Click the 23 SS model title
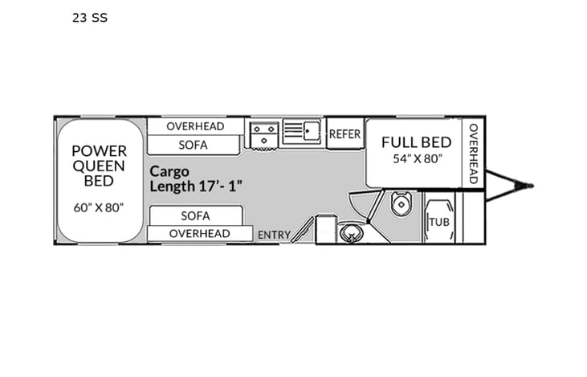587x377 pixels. pyautogui.click(x=89, y=17)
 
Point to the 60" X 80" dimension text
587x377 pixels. pyautogui.click(x=99, y=207)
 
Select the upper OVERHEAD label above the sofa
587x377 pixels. pyautogui.click(x=195, y=126)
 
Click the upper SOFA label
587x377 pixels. pyautogui.click(x=194, y=145)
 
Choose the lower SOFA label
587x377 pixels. pyautogui.click(x=194, y=215)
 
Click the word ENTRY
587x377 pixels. pyautogui.click(x=274, y=235)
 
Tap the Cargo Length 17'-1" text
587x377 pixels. pyautogui.click(x=196, y=178)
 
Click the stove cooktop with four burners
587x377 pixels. pyautogui.click(x=263, y=134)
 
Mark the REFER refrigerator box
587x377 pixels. pyautogui.click(x=344, y=134)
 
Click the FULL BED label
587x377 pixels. pyautogui.click(x=416, y=142)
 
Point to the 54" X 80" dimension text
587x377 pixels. pyautogui.click(x=416, y=158)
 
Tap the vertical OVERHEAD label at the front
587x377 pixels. pyautogui.click(x=473, y=153)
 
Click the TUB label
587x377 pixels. pyautogui.click(x=438, y=222)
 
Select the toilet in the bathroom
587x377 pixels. pyautogui.click(x=402, y=204)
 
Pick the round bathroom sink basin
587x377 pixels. pyautogui.click(x=351, y=234)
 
